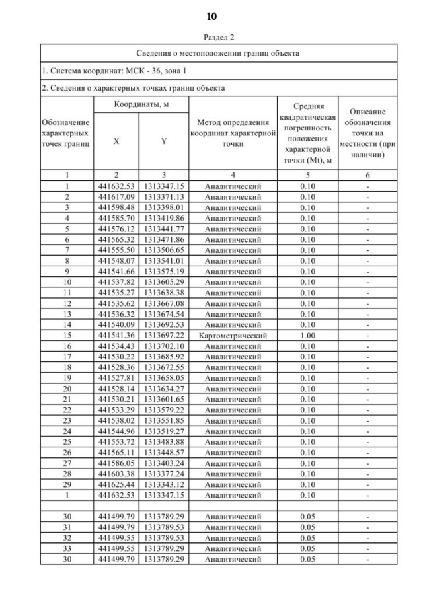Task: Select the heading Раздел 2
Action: [211, 38]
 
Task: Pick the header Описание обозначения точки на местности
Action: [367, 135]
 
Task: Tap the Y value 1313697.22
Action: [163, 336]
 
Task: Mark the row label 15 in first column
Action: [67, 336]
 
